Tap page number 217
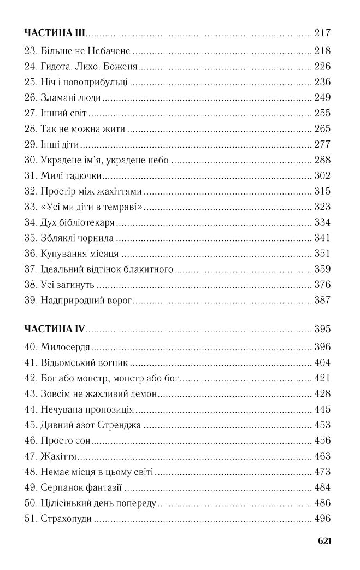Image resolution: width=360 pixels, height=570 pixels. coord(323,33)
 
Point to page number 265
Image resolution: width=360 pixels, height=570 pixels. coord(323,130)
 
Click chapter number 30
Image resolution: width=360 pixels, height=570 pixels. coord(31,161)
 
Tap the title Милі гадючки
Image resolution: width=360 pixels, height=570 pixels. coord(72,176)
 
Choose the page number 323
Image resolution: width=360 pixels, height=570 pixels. coord(323,208)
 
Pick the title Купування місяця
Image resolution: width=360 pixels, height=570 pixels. coord(80,254)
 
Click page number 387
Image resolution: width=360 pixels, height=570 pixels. coord(323,301)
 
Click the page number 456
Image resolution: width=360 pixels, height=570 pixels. coord(323,440)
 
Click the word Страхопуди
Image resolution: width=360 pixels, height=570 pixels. coord(66,518)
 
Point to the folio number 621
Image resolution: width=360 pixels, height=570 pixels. coord(324,541)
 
